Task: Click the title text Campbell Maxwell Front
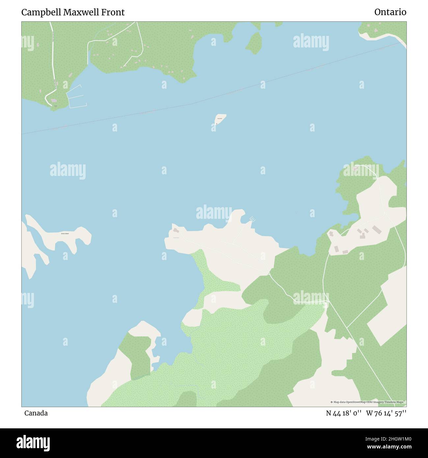click(73, 12)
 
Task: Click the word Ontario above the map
click(390, 12)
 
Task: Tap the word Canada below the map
click(36, 413)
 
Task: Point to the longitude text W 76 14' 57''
click(386, 413)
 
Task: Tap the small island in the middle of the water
click(220, 119)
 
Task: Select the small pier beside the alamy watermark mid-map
click(252, 219)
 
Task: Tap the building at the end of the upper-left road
click(54, 100)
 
